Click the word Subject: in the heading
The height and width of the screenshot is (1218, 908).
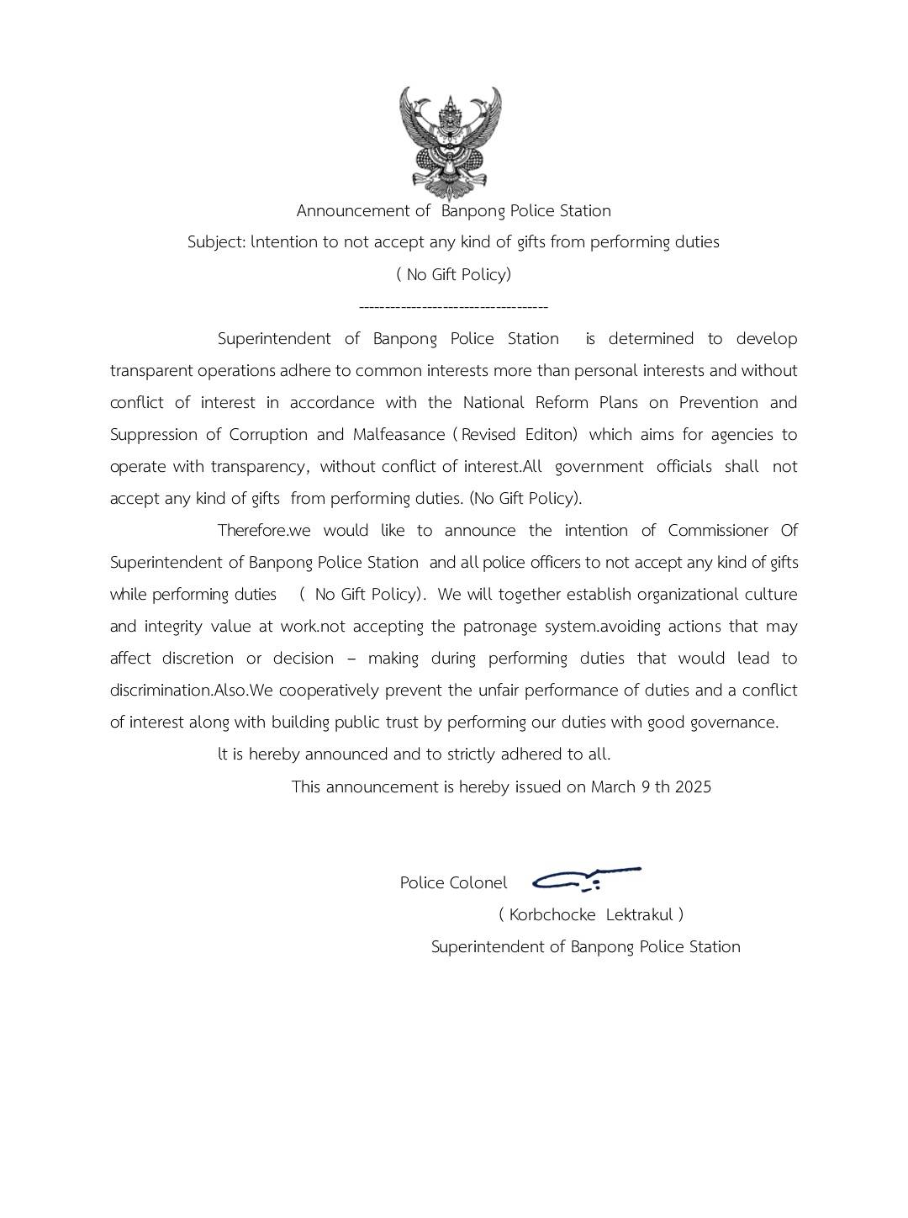pyautogui.click(x=216, y=242)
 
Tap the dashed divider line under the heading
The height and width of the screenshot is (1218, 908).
pyautogui.click(x=453, y=307)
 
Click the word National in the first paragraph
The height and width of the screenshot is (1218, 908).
pyautogui.click(x=494, y=403)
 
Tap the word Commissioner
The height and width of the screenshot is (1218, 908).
pyautogui.click(x=718, y=531)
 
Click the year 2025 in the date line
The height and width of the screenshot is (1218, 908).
pyautogui.click(x=693, y=787)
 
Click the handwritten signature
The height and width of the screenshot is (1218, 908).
pyautogui.click(x=586, y=879)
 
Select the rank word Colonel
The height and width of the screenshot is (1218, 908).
pyautogui.click(x=478, y=883)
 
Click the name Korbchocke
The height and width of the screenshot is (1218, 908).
pyautogui.click(x=552, y=915)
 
